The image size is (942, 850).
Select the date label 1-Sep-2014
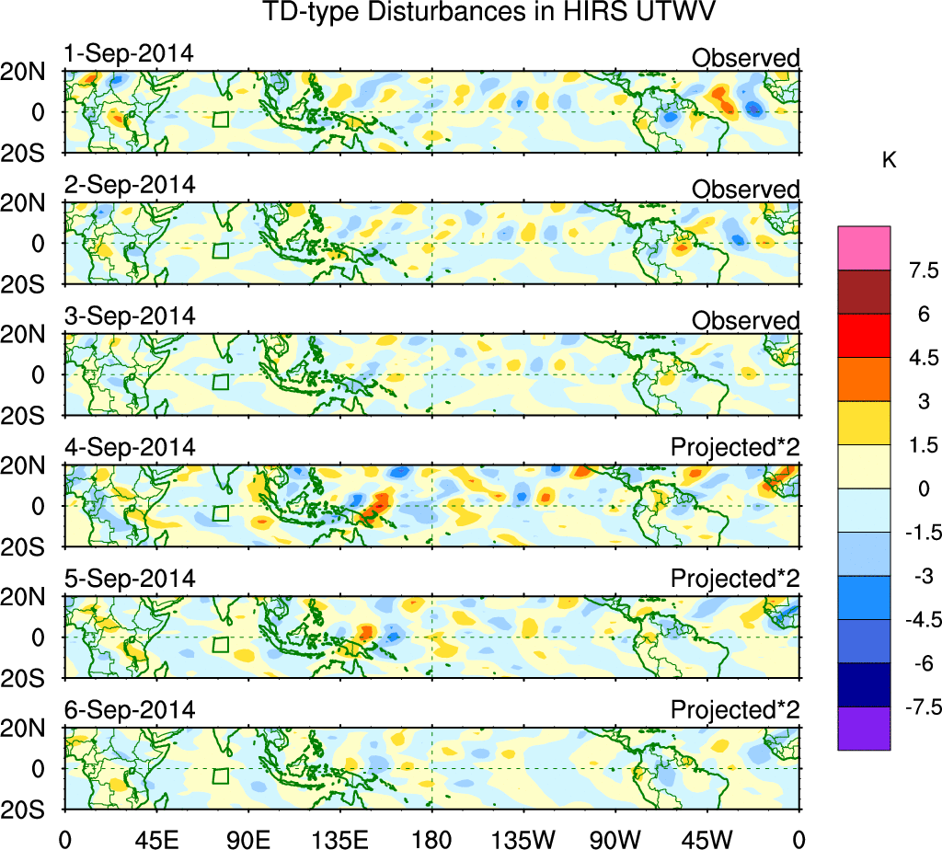click(x=129, y=53)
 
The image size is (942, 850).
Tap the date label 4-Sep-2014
click(x=130, y=448)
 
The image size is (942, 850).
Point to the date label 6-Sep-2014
click(x=130, y=710)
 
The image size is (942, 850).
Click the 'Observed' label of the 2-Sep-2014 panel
click(x=746, y=190)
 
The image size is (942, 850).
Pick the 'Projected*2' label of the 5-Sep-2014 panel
click(x=735, y=580)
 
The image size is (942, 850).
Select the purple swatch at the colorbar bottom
click(x=864, y=729)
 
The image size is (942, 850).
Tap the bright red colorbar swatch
click(x=864, y=335)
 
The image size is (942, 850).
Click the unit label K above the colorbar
click(x=889, y=160)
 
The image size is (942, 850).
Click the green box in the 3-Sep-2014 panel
click(x=220, y=382)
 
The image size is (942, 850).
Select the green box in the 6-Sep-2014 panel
click(x=220, y=775)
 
